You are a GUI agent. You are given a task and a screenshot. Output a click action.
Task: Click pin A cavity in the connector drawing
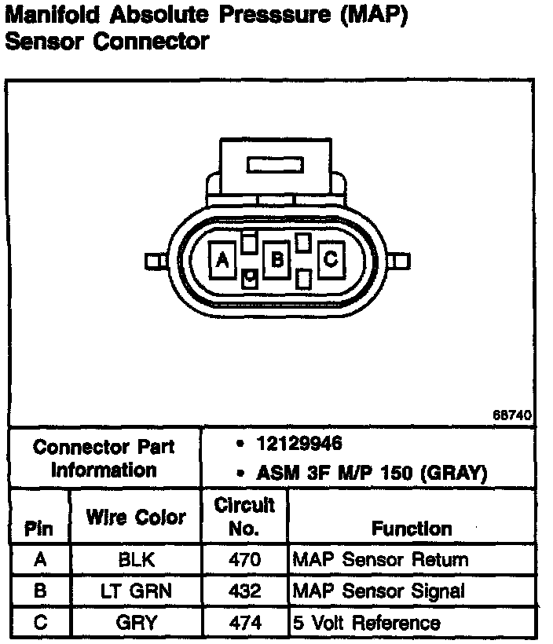coord(223,259)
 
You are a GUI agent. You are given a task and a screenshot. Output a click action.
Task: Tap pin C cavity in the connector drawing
coord(331,257)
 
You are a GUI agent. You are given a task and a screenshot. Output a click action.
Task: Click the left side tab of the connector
coord(152,261)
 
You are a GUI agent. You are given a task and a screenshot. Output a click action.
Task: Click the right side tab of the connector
coord(401,261)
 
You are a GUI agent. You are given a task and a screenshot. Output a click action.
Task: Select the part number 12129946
coord(299,444)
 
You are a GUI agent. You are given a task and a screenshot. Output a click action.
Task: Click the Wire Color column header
coord(136,518)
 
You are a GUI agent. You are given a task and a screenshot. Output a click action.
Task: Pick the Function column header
coord(412,529)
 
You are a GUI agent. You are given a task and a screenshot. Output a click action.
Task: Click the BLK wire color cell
coord(135,560)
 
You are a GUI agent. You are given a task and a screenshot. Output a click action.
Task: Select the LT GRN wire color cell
coord(135,591)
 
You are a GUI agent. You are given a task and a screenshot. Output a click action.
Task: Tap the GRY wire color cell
coord(135,623)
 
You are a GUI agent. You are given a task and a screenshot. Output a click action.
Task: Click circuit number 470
coord(244,560)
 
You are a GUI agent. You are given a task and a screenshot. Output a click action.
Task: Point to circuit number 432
coord(244,591)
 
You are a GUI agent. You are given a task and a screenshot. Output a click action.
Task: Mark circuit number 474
coord(244,623)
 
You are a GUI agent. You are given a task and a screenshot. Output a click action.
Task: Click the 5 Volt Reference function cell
coord(366,623)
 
